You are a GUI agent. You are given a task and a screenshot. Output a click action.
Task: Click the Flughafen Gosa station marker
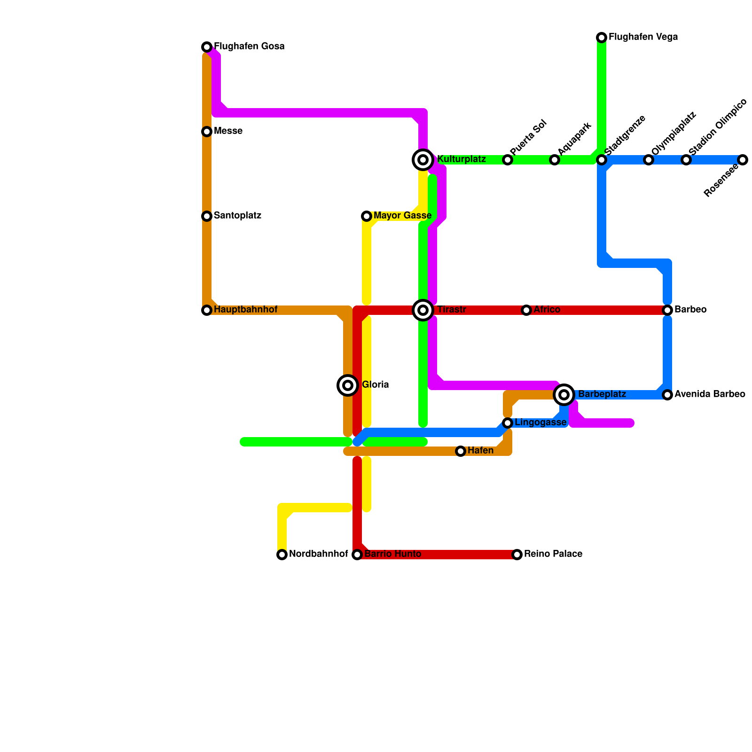click(x=207, y=47)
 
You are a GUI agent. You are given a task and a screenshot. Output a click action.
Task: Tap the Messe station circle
click(x=207, y=132)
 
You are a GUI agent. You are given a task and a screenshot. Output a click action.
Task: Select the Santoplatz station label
click(x=237, y=216)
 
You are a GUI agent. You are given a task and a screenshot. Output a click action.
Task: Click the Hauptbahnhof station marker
click(x=207, y=310)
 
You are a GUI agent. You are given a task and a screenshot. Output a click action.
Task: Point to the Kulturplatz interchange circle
click(x=423, y=160)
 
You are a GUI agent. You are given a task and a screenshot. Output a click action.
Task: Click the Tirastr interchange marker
click(x=423, y=310)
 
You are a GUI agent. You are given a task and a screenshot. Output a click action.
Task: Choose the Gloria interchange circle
click(x=348, y=385)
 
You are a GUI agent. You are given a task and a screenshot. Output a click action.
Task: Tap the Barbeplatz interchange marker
click(x=564, y=395)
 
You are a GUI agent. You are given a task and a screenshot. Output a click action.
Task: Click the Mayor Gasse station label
click(x=402, y=216)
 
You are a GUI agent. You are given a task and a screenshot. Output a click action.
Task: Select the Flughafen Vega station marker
click(x=602, y=38)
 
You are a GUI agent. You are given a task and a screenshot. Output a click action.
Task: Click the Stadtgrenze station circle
click(x=602, y=160)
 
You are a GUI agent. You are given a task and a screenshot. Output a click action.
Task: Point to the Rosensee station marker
click(x=743, y=160)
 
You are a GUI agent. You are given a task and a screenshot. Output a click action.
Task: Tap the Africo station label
click(x=547, y=310)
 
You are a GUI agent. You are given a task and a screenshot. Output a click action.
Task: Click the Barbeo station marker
click(x=667, y=310)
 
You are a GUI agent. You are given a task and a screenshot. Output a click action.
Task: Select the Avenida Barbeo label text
click(x=710, y=394)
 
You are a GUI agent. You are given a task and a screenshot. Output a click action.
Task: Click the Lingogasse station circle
click(x=508, y=423)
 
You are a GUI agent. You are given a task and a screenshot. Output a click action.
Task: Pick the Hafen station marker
click(x=461, y=451)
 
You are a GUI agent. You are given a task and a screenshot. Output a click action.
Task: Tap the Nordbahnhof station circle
click(x=282, y=555)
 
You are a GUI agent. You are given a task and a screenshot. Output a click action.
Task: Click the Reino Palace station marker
click(x=517, y=555)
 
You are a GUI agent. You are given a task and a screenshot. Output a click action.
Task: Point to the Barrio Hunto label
click(x=392, y=554)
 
